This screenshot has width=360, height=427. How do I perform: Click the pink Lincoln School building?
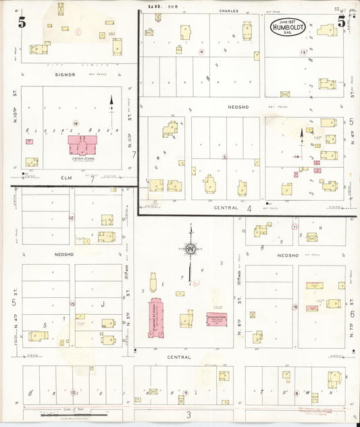(82, 145)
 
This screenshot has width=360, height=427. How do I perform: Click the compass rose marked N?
(190, 249)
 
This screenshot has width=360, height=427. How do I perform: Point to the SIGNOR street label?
(65, 74)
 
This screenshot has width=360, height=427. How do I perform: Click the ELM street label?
(65, 177)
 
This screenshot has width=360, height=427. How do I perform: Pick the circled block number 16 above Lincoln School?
(76, 123)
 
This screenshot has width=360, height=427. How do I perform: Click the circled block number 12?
(71, 218)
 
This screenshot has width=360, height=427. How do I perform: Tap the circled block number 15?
(72, 303)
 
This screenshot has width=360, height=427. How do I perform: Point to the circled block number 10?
(74, 392)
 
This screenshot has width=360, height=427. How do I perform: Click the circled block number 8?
(296, 392)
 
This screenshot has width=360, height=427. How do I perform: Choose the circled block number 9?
(185, 392)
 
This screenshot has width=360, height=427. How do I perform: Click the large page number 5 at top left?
(22, 22)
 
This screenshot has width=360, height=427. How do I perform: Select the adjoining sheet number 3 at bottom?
(189, 414)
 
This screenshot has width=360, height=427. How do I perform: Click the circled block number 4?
(201, 51)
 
